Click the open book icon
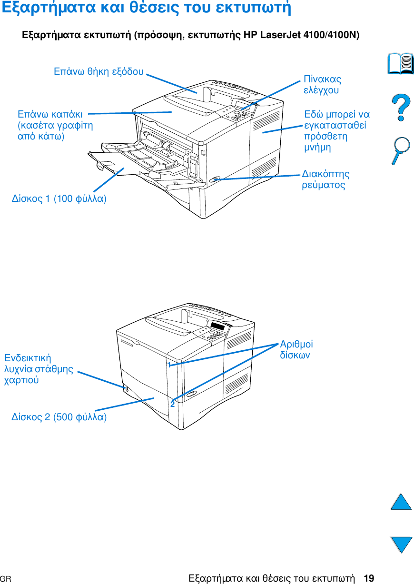401,64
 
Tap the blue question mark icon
401,107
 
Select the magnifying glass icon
401,150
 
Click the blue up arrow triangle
401,502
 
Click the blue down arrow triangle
401,544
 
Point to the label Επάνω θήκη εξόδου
99,72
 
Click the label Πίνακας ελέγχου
323,84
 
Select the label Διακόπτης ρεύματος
325,179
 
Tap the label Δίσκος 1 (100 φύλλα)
59,198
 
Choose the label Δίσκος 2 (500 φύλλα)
59,417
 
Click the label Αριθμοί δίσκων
296,349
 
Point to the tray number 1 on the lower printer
169,365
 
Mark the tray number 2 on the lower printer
172,404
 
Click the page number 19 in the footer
368,578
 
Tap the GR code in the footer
6,579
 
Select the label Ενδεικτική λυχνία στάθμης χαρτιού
39,369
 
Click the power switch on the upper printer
215,179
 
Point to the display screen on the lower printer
217,327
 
